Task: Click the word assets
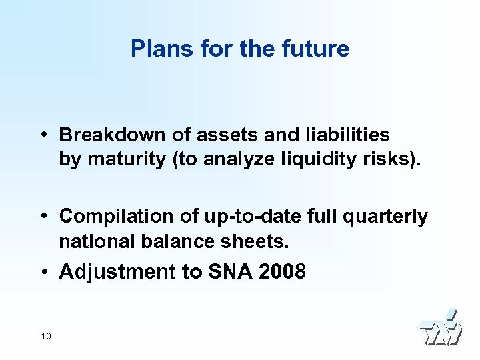pyautogui.click(x=226, y=135)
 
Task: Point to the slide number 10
pyautogui.click(x=45, y=336)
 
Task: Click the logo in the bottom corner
pyautogui.click(x=440, y=328)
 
